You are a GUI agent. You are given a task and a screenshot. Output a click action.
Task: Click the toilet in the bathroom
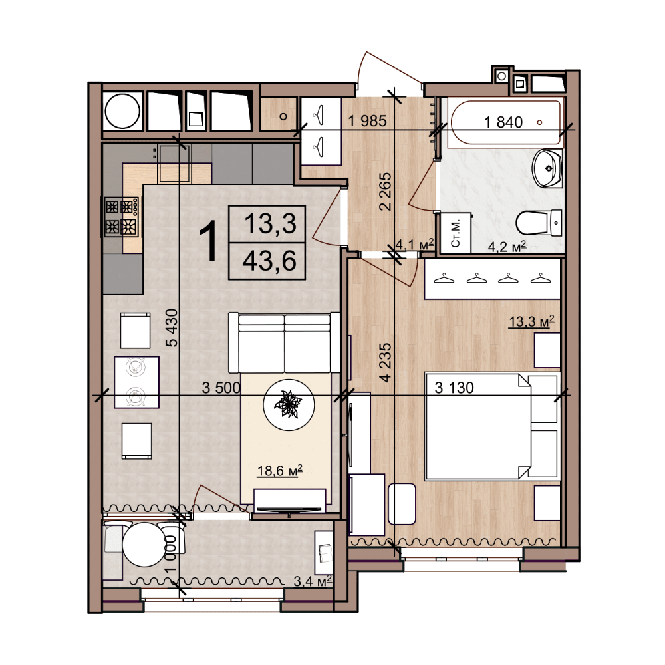539,223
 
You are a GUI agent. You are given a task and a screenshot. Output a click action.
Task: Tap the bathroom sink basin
547,168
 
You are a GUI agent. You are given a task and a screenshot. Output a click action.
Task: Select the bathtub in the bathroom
505,122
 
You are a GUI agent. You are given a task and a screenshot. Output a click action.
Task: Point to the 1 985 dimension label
367,121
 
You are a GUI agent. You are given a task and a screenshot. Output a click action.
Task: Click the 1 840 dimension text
503,122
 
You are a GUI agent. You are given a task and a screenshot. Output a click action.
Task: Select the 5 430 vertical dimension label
172,328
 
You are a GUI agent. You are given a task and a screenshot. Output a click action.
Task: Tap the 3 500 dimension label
221,388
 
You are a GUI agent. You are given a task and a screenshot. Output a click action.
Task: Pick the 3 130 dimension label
454,388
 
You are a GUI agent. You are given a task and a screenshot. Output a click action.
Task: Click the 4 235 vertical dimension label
386,362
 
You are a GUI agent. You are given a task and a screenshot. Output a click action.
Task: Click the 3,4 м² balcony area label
313,581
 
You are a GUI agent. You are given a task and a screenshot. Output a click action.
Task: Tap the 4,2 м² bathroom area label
507,247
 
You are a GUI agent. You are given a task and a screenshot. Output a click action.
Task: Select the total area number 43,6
269,261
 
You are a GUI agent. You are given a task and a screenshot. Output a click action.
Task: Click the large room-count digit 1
208,242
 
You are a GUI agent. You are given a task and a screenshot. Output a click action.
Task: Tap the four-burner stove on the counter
121,216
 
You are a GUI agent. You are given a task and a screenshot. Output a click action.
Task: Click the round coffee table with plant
289,404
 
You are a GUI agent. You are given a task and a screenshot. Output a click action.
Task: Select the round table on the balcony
144,545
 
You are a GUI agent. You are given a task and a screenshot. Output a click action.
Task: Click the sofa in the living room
284,343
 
